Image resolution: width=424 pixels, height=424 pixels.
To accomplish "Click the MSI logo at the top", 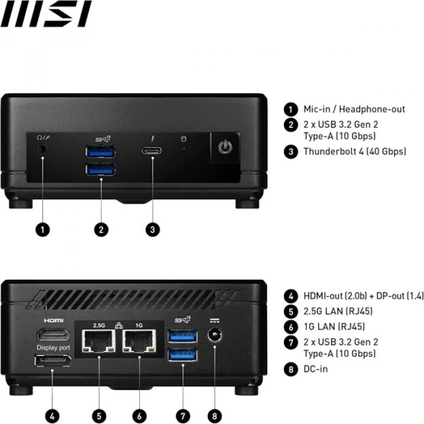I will point(45,14).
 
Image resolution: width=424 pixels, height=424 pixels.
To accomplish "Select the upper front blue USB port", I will point(101,151).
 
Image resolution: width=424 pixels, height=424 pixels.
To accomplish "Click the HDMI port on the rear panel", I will point(53,335).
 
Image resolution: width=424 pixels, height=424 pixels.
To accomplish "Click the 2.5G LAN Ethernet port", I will point(99,341).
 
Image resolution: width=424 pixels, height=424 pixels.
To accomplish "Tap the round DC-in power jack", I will point(214,336).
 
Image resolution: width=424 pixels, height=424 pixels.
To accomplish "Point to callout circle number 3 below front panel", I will point(153,230).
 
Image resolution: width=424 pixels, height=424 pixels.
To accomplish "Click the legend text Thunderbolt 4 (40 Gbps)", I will point(354,151).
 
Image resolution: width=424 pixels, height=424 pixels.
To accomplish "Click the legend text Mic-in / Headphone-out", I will point(354,109).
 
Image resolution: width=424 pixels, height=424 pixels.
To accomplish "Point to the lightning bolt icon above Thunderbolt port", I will point(153,137).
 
